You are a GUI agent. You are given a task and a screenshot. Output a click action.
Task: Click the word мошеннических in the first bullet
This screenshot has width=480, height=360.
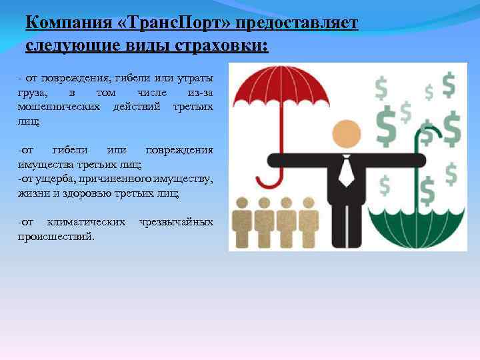tap(59, 106)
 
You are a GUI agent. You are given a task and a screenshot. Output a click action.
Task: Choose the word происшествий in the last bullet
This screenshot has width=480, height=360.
tap(56, 236)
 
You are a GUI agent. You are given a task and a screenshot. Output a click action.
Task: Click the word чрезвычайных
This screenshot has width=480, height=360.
tap(176, 221)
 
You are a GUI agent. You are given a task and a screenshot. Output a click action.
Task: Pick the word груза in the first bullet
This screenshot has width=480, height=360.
tap(31, 92)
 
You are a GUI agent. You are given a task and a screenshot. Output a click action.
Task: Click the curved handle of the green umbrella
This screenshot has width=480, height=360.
tap(427, 134)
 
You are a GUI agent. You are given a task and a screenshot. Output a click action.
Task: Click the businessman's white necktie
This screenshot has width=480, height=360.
tap(345, 172)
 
